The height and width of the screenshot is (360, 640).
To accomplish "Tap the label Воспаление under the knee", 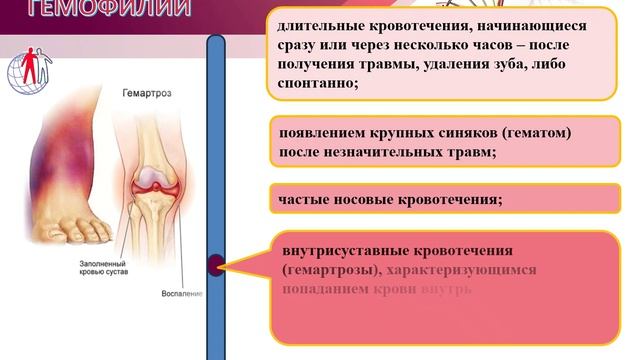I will point(182,294).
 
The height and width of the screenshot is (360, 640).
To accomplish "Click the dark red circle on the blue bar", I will point(215,265).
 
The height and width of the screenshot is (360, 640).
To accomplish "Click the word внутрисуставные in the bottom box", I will point(346,251).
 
